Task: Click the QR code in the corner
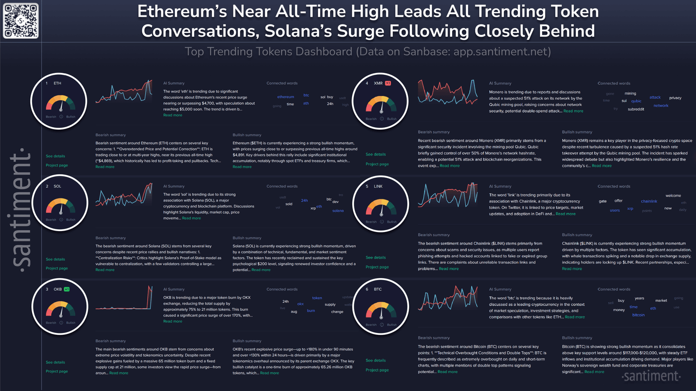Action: click(x=21, y=21)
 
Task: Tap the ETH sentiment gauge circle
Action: click(x=58, y=101)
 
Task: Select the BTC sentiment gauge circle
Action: click(x=381, y=306)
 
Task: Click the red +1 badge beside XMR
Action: click(x=388, y=83)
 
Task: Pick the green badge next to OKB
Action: click(x=67, y=289)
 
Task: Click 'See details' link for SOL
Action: click(x=55, y=259)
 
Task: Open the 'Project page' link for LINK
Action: click(x=377, y=267)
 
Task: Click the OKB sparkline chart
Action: click(x=124, y=299)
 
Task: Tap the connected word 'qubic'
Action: click(x=636, y=101)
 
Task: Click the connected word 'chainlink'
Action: click(x=649, y=201)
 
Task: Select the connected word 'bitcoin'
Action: click(x=638, y=315)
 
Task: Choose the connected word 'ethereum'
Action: click(x=285, y=97)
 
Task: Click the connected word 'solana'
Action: click(x=338, y=211)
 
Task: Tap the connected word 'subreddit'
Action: click(x=636, y=109)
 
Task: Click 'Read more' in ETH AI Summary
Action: click(x=173, y=115)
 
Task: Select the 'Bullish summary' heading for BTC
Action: click(x=577, y=338)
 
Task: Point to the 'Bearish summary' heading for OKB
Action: click(x=111, y=341)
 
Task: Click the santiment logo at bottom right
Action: click(x=651, y=376)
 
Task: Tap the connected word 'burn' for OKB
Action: click(x=310, y=311)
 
